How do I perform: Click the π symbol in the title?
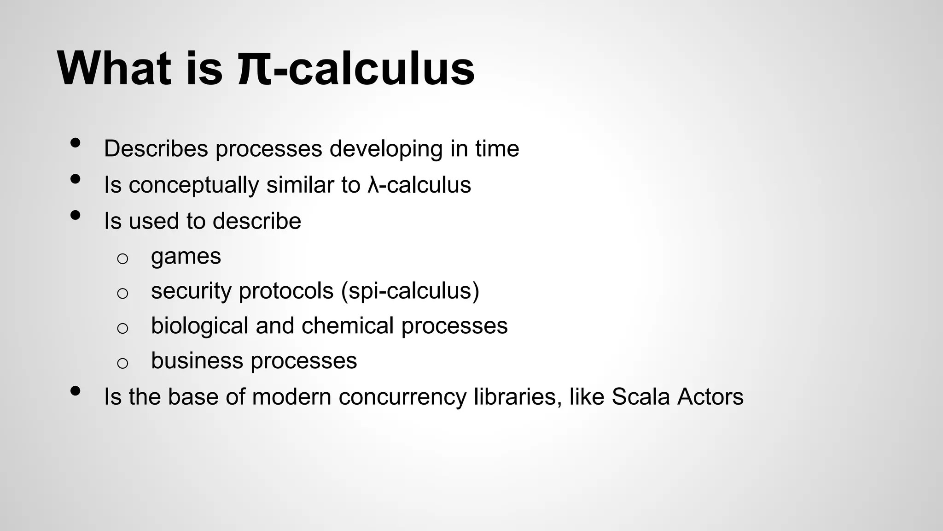pos(255,69)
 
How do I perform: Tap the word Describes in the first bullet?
pos(156,148)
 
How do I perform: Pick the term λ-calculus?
pos(419,185)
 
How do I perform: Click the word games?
pos(186,257)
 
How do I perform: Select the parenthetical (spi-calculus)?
pos(410,291)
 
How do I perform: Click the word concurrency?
pos(402,397)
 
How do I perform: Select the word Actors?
pos(710,396)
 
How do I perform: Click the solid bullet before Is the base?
pos(76,391)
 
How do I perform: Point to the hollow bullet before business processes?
pos(122,363)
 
